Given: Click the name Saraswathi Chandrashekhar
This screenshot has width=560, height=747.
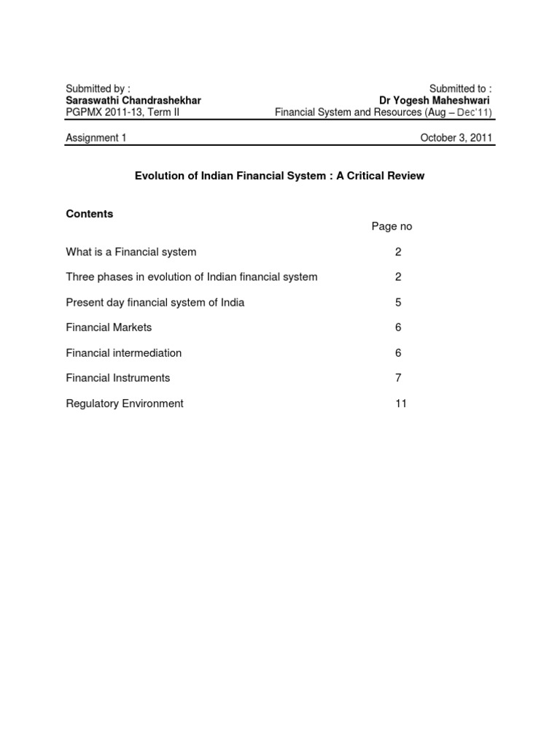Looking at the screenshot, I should (133, 100).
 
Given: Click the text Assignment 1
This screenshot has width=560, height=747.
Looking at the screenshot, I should (96, 138).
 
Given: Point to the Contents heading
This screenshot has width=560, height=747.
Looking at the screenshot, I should (90, 214).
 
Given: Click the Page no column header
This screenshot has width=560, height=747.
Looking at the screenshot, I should (392, 226).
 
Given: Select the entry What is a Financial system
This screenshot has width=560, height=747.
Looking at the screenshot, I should (131, 252).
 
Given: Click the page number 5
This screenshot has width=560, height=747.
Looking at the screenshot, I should (398, 302).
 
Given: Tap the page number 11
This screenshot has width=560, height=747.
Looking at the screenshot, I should (400, 403).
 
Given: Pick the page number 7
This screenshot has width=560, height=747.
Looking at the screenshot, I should (398, 378).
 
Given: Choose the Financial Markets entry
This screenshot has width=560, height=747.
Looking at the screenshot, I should (109, 328).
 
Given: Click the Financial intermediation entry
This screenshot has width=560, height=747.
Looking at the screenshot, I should (124, 353).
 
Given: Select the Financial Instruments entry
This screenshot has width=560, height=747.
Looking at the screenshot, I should (118, 378).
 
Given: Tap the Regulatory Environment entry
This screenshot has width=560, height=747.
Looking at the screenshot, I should (125, 403).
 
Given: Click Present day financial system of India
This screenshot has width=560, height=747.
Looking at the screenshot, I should (155, 302).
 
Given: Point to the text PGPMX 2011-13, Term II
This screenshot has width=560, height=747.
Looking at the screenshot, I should (122, 112).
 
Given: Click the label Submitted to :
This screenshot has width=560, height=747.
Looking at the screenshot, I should (460, 88).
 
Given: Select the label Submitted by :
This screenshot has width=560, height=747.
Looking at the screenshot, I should (98, 88).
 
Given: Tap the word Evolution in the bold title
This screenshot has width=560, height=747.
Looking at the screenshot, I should (160, 176).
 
